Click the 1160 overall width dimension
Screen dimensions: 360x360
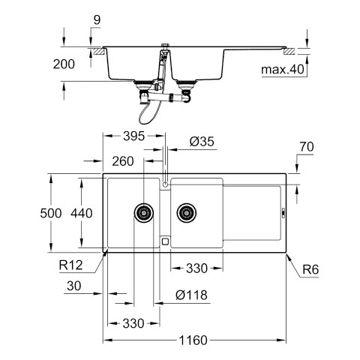(x=193, y=340)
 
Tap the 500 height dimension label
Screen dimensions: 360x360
(x=51, y=213)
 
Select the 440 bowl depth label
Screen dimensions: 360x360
(x=82, y=213)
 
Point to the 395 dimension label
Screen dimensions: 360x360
(x=134, y=136)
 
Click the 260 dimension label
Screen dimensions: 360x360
(x=123, y=161)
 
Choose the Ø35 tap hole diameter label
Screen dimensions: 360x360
(x=202, y=142)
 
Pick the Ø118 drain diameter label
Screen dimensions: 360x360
(x=191, y=295)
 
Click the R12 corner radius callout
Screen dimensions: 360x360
(x=70, y=265)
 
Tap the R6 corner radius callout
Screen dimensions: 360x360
(x=310, y=269)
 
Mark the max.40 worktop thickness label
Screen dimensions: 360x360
(x=283, y=70)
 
